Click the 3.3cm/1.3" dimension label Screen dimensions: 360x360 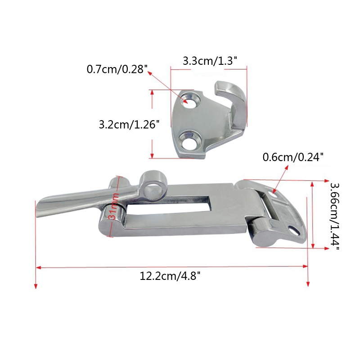pyautogui.click(x=209, y=60)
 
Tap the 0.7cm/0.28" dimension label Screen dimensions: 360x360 pyautogui.click(x=117, y=69)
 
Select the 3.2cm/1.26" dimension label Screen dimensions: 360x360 pyautogui.click(x=129, y=125)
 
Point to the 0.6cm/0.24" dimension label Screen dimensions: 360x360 pyautogui.click(x=293, y=157)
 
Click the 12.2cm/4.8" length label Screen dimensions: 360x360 pyautogui.click(x=170, y=276)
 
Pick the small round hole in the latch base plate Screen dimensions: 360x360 pyautogui.click(x=295, y=229)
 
